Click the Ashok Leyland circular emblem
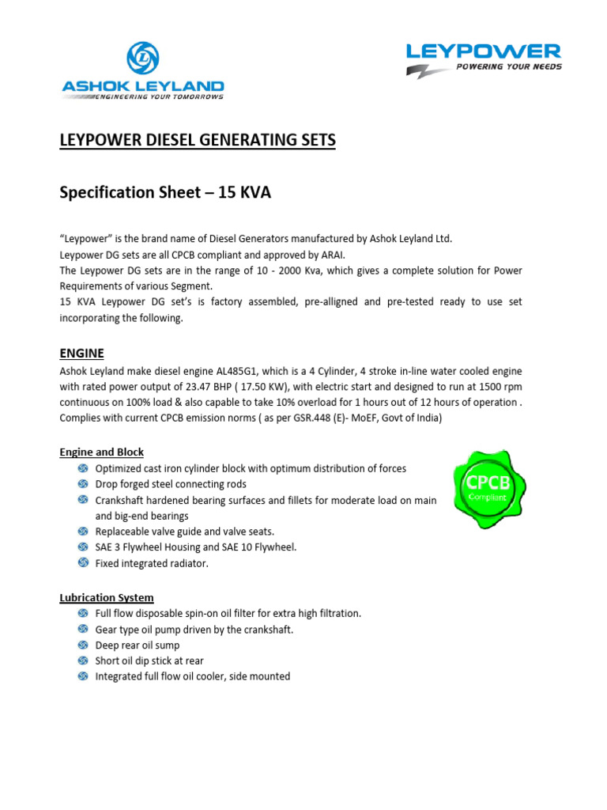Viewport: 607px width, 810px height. (142, 59)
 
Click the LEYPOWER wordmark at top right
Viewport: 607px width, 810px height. (483, 51)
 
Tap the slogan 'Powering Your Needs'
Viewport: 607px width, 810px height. (509, 67)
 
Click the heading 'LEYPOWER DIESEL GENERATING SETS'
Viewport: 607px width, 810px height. (198, 141)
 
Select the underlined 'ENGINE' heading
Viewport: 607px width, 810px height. (81, 353)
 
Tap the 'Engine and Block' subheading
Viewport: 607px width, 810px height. (102, 452)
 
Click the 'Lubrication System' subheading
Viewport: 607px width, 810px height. (107, 597)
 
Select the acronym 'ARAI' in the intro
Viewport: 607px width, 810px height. (312, 255)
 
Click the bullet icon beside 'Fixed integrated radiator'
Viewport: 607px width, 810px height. (84, 563)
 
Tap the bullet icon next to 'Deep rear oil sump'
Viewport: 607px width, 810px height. (84, 645)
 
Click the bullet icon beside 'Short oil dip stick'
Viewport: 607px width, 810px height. (84, 660)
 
